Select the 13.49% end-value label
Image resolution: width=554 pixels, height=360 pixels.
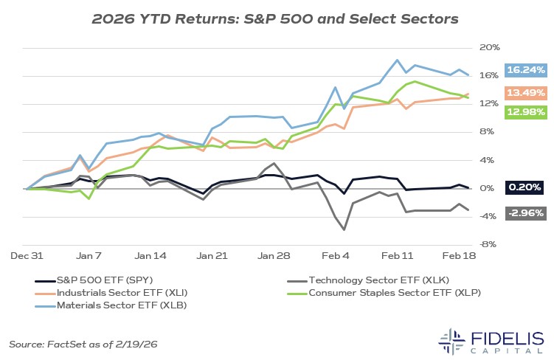[525, 92]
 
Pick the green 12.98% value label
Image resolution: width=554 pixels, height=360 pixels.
[525, 112]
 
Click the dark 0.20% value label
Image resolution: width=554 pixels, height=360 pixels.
[525, 188]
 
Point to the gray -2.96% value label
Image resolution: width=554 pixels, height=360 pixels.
[525, 213]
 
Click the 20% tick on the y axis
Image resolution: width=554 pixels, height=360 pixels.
[490, 48]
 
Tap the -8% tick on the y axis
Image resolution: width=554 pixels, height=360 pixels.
[490, 245]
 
